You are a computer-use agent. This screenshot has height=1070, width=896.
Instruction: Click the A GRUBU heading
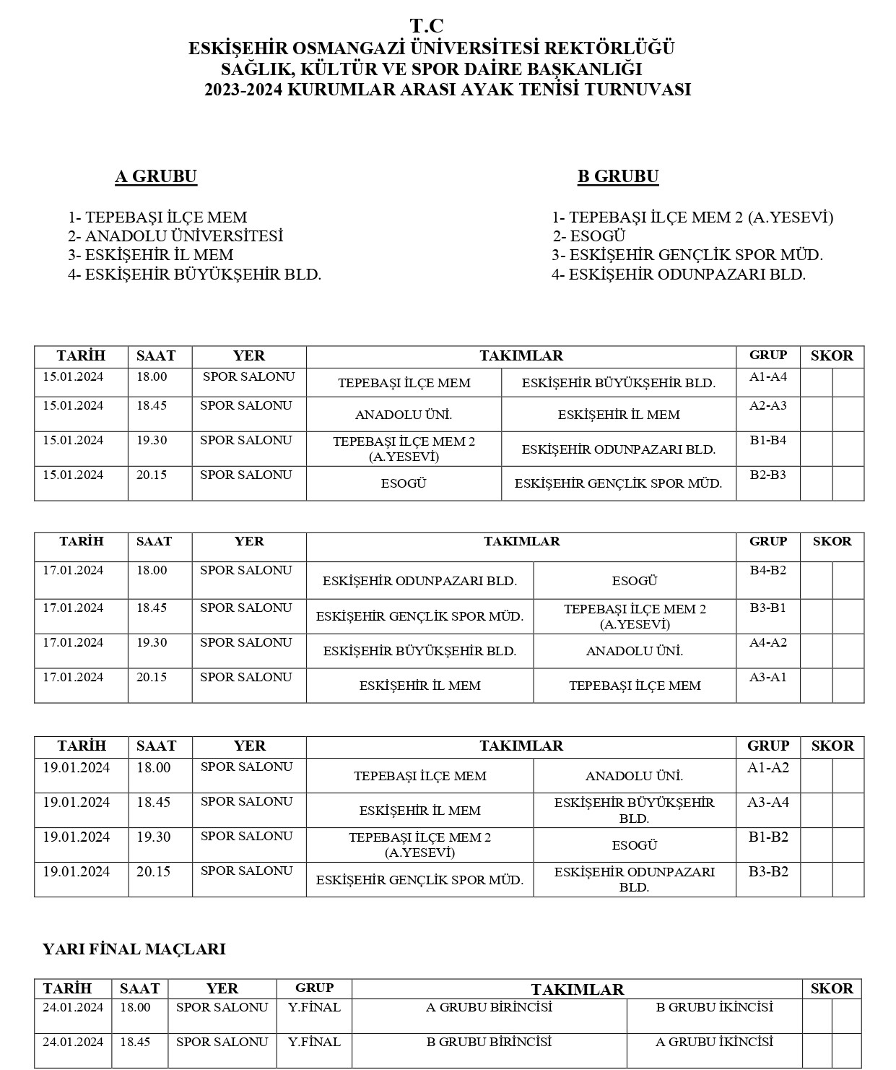click(156, 176)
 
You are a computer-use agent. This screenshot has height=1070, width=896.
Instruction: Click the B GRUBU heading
click(618, 176)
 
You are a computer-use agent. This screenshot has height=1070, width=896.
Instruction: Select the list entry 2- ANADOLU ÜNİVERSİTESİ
click(175, 236)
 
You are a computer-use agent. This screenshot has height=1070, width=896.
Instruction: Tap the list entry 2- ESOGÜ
click(589, 236)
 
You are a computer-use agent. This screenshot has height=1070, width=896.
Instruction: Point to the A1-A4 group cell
click(767, 376)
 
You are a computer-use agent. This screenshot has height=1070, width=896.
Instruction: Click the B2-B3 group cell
click(767, 475)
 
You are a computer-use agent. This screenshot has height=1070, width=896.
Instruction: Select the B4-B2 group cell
click(767, 570)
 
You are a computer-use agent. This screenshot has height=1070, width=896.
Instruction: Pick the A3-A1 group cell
click(767, 677)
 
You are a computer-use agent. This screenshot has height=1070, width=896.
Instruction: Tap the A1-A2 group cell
click(767, 767)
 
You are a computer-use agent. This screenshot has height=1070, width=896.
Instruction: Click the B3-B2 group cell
click(767, 871)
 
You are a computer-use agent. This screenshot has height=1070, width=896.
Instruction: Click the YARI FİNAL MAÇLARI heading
click(134, 949)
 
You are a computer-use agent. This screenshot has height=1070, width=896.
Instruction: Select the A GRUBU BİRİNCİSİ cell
click(489, 1007)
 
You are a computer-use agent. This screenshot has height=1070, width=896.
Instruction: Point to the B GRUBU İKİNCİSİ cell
click(714, 1007)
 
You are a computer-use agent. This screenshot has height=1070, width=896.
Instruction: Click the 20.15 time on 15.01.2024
click(152, 475)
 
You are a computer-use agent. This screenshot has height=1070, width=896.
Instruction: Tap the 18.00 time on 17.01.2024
click(152, 570)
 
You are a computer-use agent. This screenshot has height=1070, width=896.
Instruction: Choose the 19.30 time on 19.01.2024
click(153, 837)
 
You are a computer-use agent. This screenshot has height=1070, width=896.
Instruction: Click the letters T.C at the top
click(427, 26)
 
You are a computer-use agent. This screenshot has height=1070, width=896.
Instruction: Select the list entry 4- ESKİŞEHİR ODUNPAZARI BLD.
click(679, 275)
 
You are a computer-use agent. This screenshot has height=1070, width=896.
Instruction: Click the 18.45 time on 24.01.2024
click(135, 1042)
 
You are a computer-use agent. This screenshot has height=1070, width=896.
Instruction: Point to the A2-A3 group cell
click(767, 405)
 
